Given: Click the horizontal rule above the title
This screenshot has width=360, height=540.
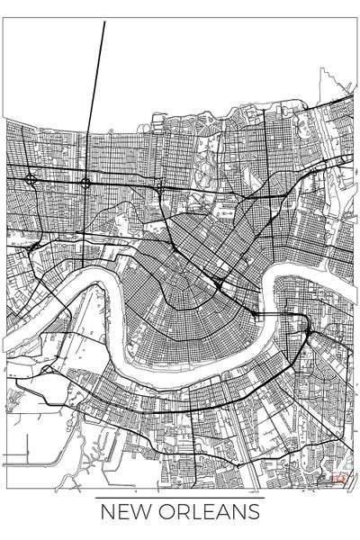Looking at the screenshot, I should pyautogui.click(x=180, y=497).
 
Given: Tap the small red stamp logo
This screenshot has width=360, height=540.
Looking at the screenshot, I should pyautogui.click(x=339, y=480).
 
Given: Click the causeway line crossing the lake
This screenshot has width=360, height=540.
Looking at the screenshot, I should pyautogui.click(x=96, y=81).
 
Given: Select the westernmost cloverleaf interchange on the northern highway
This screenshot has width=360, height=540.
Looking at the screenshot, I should pyautogui.click(x=31, y=179).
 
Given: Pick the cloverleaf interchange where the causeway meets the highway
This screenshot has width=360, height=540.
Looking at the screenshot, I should pyautogui.click(x=85, y=183).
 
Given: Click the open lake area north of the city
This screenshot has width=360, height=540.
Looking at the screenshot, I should pyautogui.click(x=198, y=63).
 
